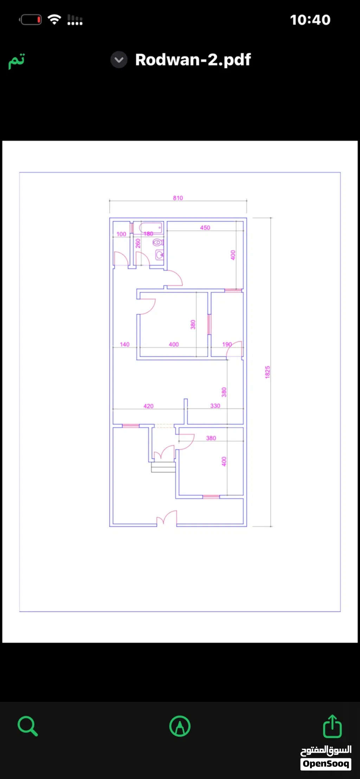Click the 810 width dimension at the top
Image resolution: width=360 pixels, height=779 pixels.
pos(178,198)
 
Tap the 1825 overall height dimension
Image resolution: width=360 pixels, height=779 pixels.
pos(268,372)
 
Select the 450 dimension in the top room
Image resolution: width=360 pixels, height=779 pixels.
pos(205,228)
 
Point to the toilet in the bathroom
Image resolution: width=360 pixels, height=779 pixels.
pos(158,242)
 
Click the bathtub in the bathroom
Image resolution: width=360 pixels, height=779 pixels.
pos(151,227)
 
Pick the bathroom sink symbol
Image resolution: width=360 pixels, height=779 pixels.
pos(160,255)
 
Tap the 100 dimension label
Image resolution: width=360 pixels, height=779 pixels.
pos(121,234)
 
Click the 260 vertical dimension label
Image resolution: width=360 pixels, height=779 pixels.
pos(138,243)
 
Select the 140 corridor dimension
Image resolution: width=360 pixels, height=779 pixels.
pos(124,344)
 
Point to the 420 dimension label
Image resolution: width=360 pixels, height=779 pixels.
pos(148,406)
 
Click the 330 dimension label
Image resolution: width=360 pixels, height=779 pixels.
pos(215,406)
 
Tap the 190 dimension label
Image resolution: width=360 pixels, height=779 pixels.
pos(227,344)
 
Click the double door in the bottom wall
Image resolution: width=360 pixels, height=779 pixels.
pos(167,518)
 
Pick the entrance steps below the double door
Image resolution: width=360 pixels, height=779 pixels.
pos(163,467)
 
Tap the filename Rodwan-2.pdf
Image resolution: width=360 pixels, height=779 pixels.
pos(193,60)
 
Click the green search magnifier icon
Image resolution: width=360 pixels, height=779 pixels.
pos(28,726)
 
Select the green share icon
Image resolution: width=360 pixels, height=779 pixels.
pos(332,726)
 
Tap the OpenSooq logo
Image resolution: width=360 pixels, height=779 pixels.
pos(326,758)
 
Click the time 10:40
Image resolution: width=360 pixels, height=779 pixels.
pos(310,20)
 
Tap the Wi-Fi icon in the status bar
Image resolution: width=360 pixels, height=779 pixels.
pos(54,19)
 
